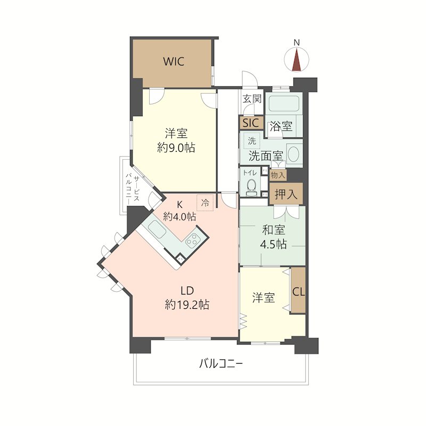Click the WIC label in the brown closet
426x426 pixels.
(174, 61)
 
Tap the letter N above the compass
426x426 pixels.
(297, 43)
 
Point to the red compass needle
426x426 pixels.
(297, 60)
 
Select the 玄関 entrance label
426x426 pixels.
(252, 99)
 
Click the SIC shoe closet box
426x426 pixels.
(251, 123)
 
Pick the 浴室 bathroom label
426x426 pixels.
(281, 126)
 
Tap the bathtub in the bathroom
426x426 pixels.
(284, 104)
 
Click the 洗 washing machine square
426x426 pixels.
(252, 141)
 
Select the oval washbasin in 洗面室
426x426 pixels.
(293, 154)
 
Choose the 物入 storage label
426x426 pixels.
(277, 175)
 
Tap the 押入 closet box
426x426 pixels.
(286, 194)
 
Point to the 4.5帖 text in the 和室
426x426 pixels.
(273, 244)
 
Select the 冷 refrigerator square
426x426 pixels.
(205, 202)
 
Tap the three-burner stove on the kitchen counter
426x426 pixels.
(193, 239)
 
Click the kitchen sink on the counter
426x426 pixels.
(157, 230)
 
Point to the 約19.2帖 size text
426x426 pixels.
(187, 305)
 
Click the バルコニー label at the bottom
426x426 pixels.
(220, 363)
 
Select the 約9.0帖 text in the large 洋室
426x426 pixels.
(176, 148)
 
